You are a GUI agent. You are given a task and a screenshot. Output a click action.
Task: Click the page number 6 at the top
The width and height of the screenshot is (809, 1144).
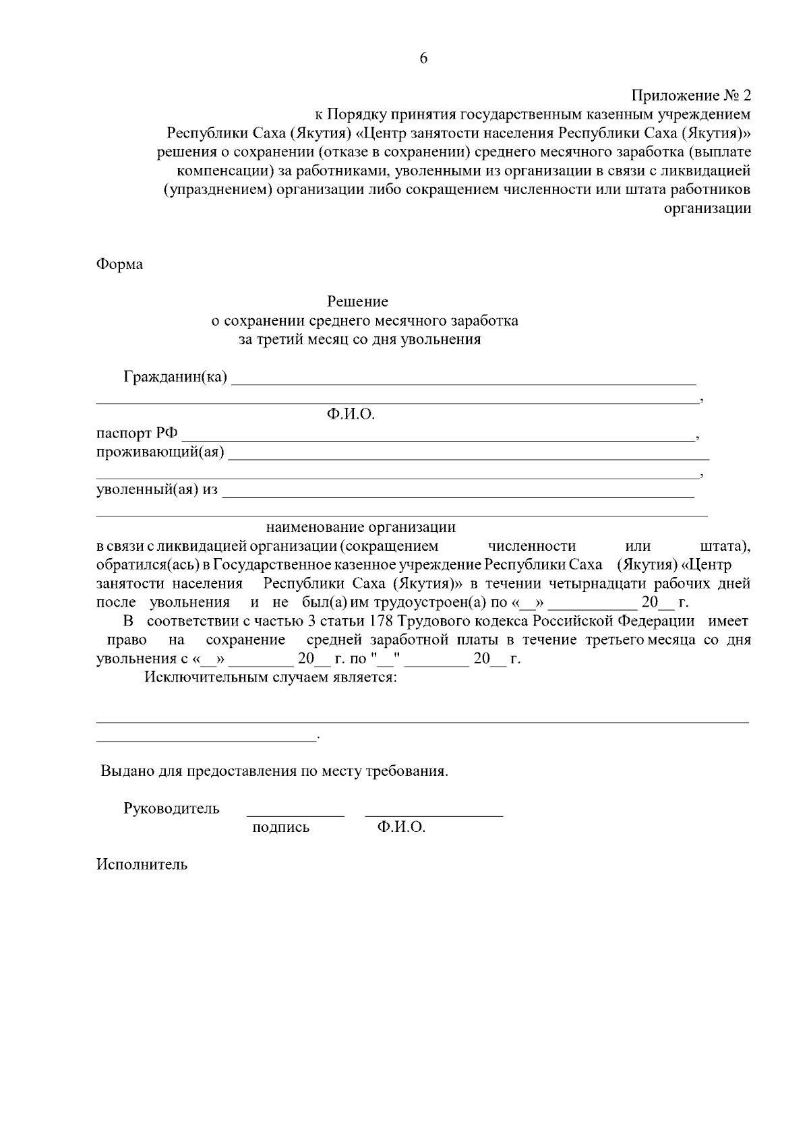pos(423,59)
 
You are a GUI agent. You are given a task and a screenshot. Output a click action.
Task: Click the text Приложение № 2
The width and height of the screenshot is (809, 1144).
pos(690,95)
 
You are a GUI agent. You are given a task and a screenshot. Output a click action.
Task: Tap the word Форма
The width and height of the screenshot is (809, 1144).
pos(119,264)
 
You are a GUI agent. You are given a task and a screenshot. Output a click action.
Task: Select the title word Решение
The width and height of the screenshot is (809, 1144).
pos(357,301)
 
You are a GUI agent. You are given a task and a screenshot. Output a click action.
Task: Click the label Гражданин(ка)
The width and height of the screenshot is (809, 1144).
pos(175,376)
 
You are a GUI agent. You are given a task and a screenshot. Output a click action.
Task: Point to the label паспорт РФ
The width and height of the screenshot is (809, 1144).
pos(137,433)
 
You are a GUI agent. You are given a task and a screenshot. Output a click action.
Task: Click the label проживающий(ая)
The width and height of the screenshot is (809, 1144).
pos(160,452)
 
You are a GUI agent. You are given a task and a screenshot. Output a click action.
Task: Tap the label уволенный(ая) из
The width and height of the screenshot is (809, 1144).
pos(157,489)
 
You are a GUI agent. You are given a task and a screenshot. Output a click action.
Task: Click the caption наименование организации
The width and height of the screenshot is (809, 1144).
pos(361,526)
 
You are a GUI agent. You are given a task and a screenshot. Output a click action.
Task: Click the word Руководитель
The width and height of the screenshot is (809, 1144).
pos(171,808)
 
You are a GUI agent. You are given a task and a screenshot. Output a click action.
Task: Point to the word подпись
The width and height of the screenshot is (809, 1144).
pos(280,827)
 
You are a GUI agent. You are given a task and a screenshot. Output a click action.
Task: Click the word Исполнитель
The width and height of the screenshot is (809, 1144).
pos(142,864)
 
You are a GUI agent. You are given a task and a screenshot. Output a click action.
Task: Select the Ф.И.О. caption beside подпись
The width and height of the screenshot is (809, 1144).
pos(400,827)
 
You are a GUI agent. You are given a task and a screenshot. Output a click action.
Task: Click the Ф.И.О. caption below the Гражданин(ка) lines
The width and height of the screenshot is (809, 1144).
pos(350,414)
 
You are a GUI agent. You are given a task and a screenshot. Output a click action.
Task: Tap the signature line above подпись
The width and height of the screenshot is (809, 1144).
pos(295,816)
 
